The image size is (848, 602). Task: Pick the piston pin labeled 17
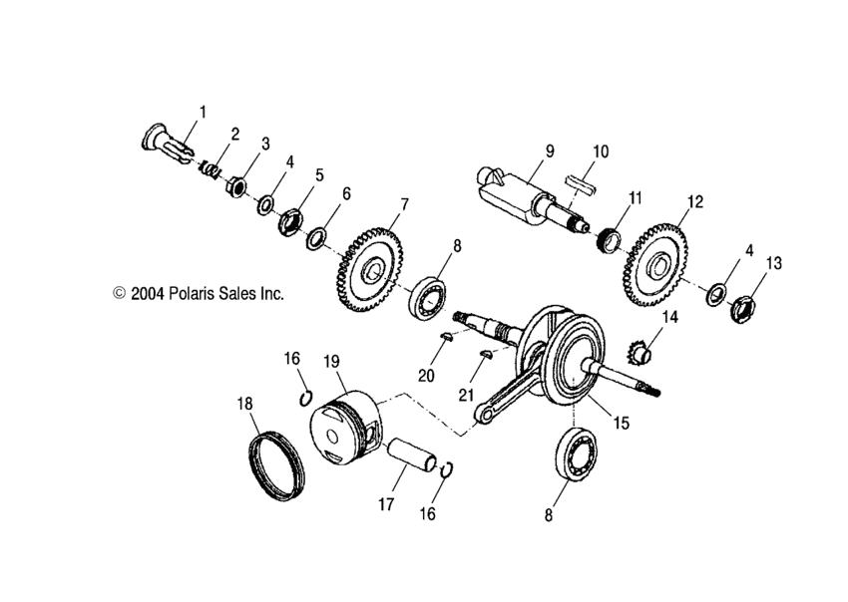413,457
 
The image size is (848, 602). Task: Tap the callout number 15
621,423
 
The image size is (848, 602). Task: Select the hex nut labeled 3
237,185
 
